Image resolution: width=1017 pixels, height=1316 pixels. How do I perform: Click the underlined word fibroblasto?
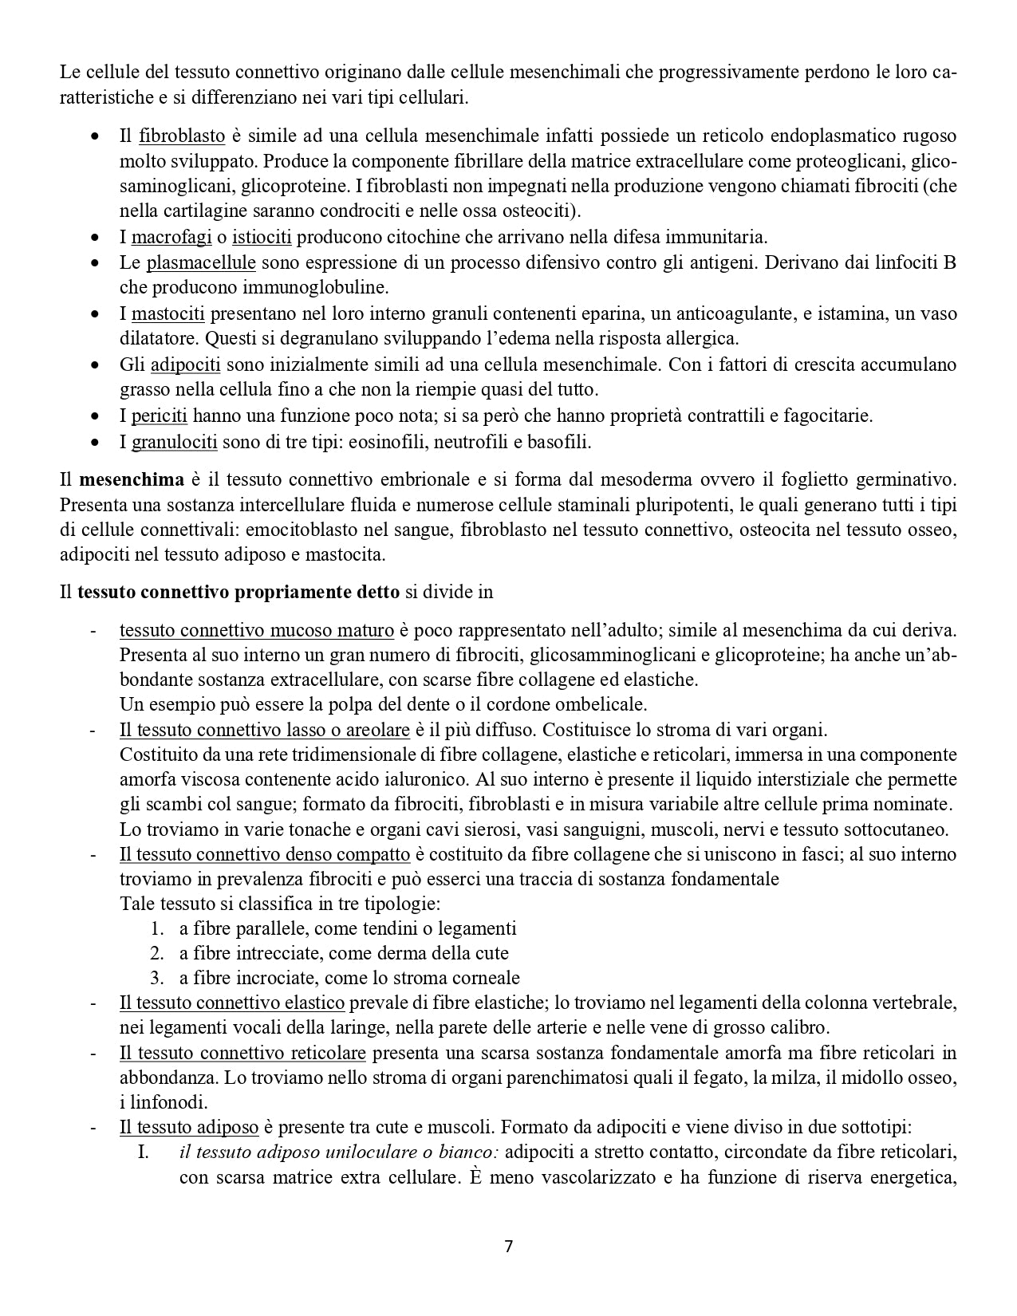(x=182, y=136)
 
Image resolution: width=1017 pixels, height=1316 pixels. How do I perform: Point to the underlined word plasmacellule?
(x=201, y=262)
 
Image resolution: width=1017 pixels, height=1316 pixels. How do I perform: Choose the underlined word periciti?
(x=160, y=416)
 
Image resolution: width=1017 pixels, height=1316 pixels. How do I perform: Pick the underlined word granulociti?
(x=175, y=441)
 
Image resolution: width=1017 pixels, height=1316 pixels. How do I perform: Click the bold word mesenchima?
(x=132, y=480)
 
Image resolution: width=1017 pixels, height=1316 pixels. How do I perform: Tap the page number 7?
(x=509, y=1247)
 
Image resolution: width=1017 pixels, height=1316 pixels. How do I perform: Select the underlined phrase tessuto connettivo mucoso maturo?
(x=257, y=630)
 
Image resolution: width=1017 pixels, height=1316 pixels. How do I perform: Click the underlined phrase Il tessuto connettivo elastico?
(x=232, y=1003)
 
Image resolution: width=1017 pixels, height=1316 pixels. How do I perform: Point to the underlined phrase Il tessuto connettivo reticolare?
(x=242, y=1054)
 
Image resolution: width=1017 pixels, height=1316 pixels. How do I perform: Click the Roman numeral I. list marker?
(x=144, y=1152)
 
